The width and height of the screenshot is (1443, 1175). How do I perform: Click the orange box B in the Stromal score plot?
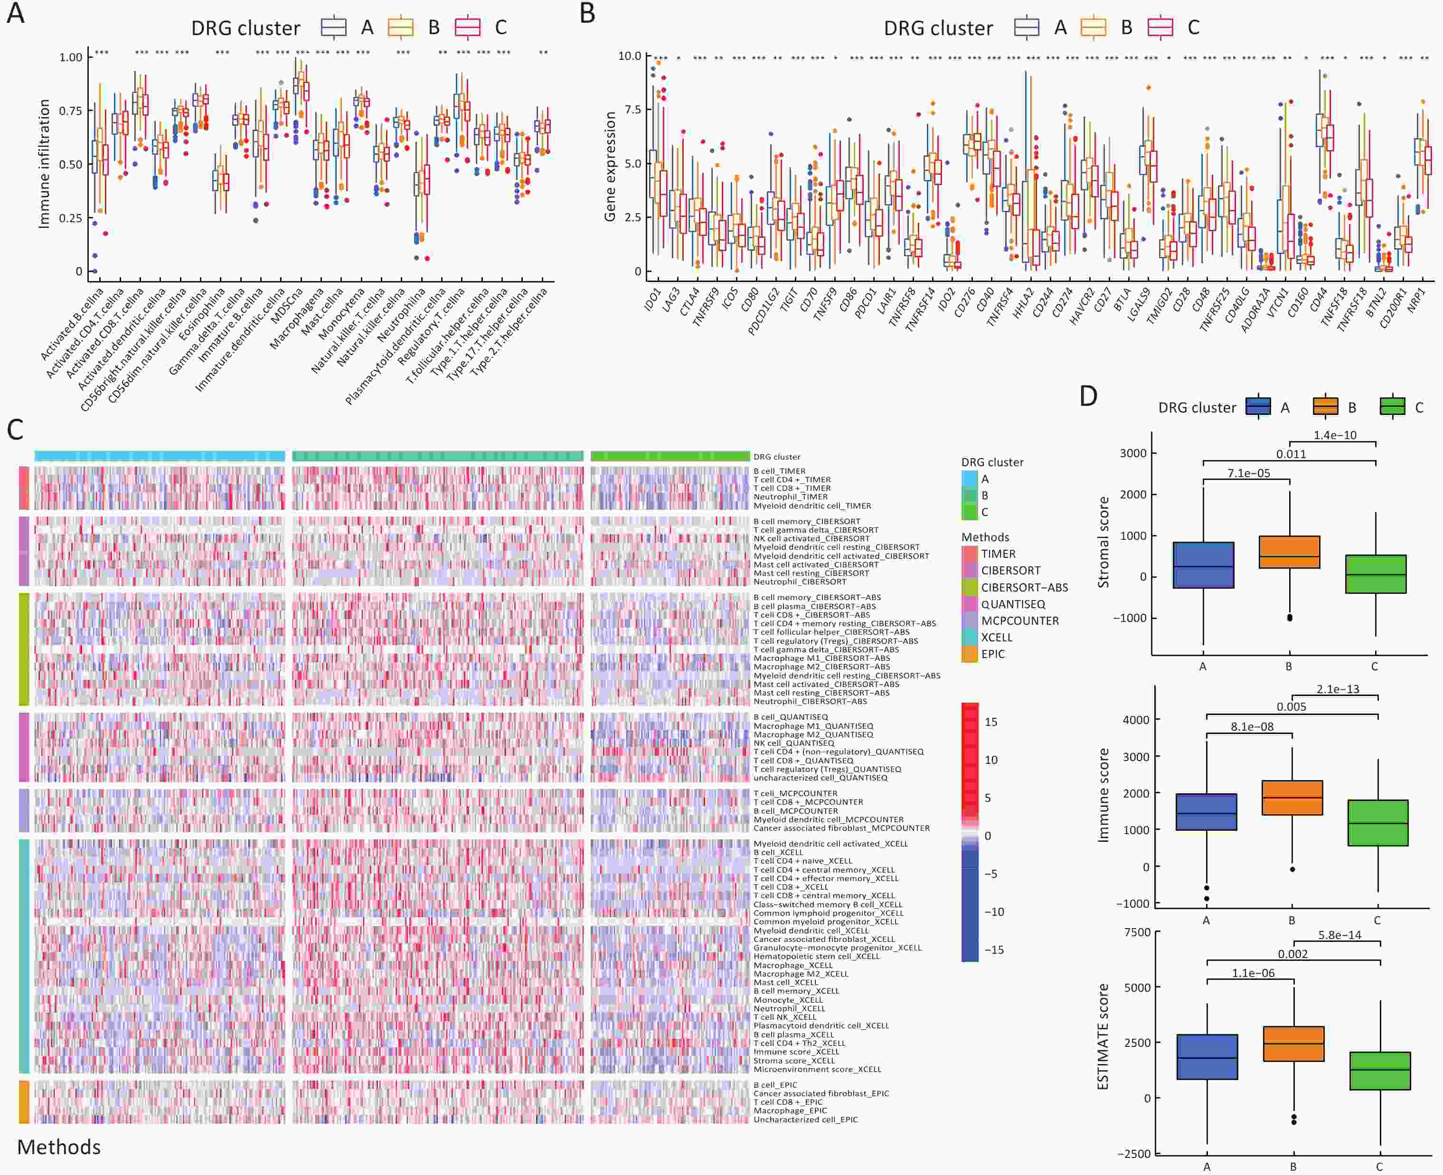pyautogui.click(x=1289, y=552)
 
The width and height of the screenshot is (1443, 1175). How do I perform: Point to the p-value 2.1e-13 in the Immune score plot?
pyautogui.click(x=1338, y=689)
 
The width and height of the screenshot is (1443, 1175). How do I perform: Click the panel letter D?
pyautogui.click(x=1088, y=396)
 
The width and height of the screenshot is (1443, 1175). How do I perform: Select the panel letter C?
pyautogui.click(x=15, y=430)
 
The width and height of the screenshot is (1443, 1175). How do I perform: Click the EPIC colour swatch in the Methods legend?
pyautogui.click(x=969, y=654)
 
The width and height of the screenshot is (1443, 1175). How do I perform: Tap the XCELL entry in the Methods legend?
pyautogui.click(x=996, y=637)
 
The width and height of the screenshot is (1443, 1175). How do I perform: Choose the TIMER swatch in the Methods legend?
pyautogui.click(x=969, y=554)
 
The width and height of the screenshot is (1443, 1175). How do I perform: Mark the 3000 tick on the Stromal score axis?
pyautogui.click(x=1132, y=453)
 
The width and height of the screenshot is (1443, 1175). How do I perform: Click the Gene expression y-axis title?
pyautogui.click(x=610, y=166)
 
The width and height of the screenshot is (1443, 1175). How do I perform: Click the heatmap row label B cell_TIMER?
pyautogui.click(x=779, y=471)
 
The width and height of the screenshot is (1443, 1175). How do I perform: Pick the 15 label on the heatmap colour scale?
pyautogui.click(x=991, y=722)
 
